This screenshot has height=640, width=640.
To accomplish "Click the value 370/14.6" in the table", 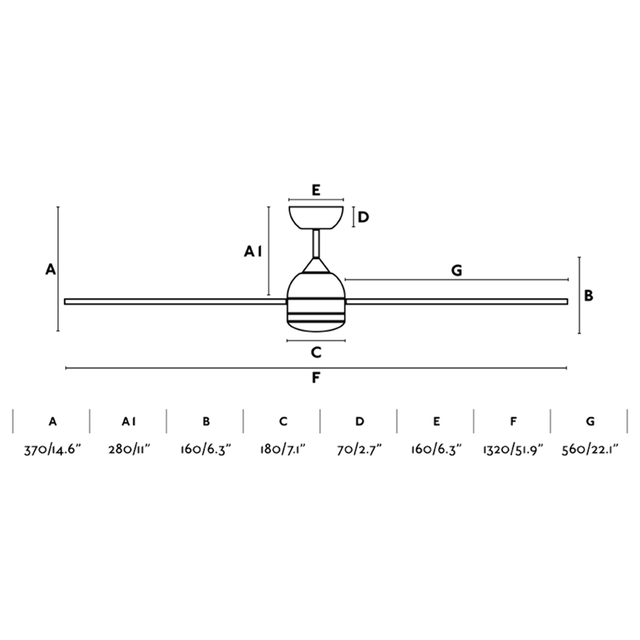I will click(52, 450).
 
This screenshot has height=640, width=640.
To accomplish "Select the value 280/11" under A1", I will click(129, 450).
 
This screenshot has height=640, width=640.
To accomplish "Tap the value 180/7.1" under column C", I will click(282, 450).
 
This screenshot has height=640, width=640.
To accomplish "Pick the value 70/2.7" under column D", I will click(359, 450).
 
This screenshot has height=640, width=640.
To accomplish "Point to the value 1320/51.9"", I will click(513, 450).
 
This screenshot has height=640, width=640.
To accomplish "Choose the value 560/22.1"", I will click(590, 450).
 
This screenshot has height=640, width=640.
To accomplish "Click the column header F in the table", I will click(513, 421).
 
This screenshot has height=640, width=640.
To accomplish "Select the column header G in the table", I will click(590, 421).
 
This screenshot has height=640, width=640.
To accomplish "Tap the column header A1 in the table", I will click(129, 421).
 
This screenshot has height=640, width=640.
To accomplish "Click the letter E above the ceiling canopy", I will click(316, 191).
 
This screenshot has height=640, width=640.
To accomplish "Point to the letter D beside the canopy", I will click(363, 217).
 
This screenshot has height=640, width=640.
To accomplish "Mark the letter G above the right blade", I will click(457, 271).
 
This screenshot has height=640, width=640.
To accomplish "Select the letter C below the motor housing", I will click(316, 352).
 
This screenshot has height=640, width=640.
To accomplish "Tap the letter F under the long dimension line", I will click(316, 377).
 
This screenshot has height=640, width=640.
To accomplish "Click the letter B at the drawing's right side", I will click(588, 296).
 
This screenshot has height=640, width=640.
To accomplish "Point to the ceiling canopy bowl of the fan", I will click(316, 217).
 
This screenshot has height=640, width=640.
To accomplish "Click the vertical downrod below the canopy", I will click(316, 243).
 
